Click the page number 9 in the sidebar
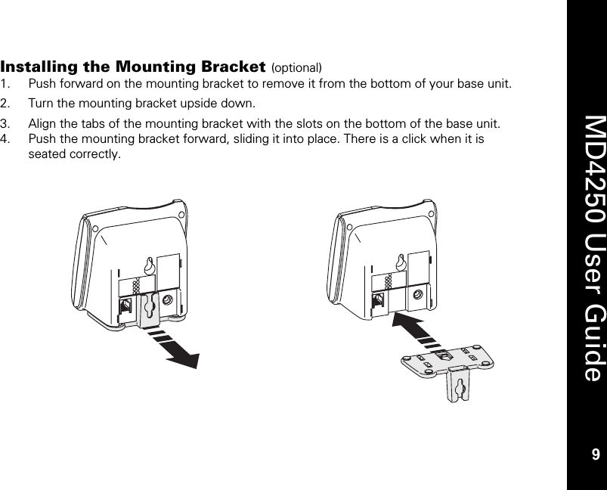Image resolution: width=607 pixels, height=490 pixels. click(595, 454)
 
